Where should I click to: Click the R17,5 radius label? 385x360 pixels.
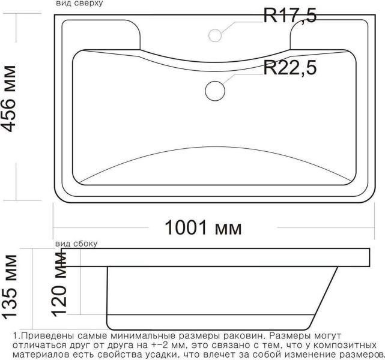tap(290, 15)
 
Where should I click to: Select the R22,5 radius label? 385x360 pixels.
tap(290, 67)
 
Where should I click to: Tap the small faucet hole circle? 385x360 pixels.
tap(215, 35)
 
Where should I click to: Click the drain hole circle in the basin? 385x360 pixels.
tap(215, 91)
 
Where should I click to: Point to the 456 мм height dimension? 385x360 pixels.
tap(9, 99)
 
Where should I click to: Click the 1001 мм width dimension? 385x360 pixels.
tap(203, 228)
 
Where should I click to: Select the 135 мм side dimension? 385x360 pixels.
tap(10, 287)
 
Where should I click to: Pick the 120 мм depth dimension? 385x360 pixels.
tap(59, 284)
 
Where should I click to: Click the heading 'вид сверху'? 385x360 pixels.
tap(79, 4)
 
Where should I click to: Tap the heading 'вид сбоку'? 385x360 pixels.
tap(76, 244)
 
